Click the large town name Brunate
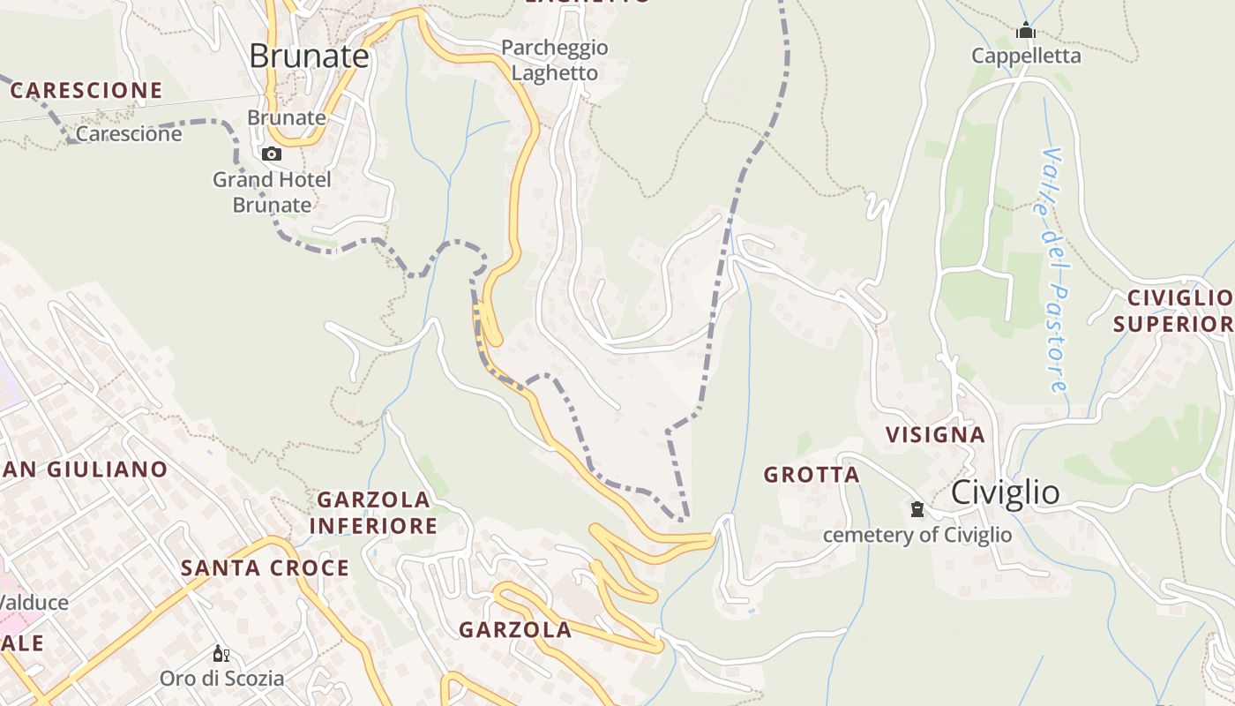pos(309,56)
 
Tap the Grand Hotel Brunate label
pos(272,192)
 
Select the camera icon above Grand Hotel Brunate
pos(272,154)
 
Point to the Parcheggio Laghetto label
pos(555,60)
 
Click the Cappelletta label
pos(1026,56)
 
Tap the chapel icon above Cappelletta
pos(1025,32)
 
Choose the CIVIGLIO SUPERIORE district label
pos(1173,311)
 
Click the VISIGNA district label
pos(935,434)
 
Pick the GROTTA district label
pos(812,475)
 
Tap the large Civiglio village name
pos(1006,493)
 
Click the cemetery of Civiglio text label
pos(917,535)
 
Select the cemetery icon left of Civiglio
pos(917,509)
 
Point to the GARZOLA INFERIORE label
pos(374,513)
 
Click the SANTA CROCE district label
pos(266,567)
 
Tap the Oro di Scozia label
pos(221,679)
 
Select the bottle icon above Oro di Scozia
pos(221,654)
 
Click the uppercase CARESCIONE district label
pos(86,90)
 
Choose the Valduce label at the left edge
pos(34,603)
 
